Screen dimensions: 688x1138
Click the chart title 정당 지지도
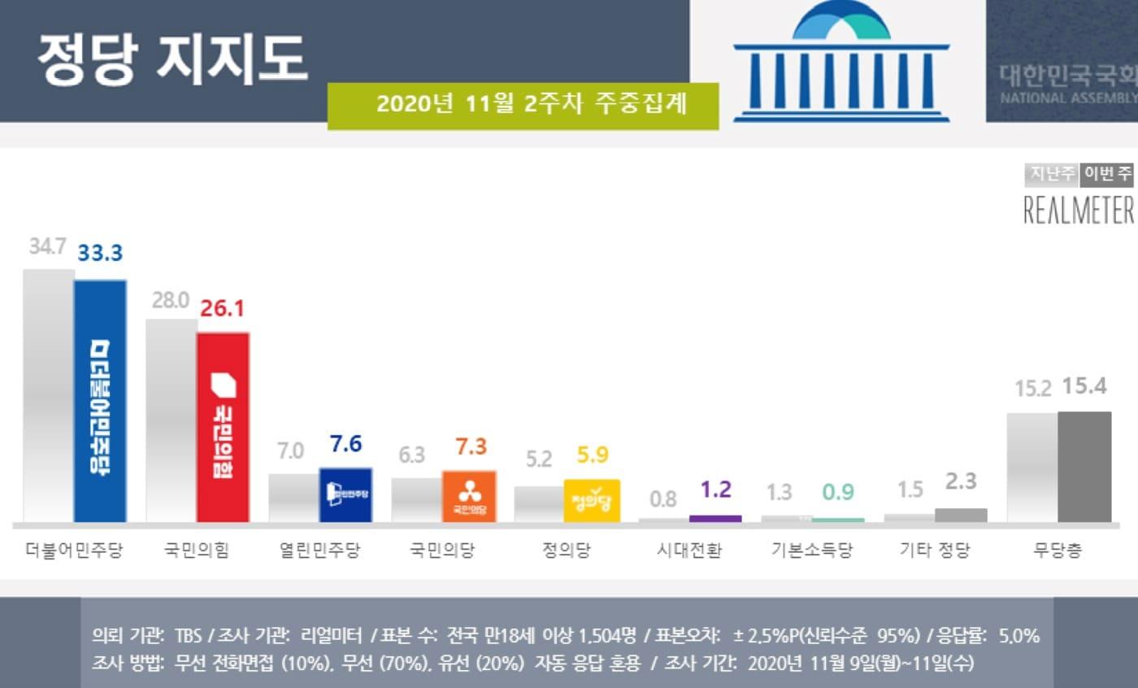point(172,59)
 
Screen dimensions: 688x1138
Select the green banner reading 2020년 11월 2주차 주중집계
point(523,105)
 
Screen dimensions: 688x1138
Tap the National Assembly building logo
point(840,62)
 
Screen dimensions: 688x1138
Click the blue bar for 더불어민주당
point(100,401)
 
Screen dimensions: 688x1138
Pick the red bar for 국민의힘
point(223,427)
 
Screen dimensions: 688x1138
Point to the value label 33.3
point(100,253)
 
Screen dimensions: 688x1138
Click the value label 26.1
point(222,308)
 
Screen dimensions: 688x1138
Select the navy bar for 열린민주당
point(345,494)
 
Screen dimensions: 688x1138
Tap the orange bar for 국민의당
point(468,496)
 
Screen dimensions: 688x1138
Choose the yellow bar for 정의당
point(591,500)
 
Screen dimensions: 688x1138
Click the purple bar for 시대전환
point(715,518)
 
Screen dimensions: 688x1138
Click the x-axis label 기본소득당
point(812,551)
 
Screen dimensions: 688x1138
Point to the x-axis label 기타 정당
point(935,551)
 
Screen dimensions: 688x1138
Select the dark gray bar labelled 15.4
point(1084,467)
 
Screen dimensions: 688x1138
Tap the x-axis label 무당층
point(1058,551)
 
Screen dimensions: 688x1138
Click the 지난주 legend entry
point(1052,173)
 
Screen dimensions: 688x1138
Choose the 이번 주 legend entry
point(1107,173)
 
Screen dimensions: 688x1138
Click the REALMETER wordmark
point(1079,211)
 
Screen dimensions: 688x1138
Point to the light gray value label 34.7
point(47,246)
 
